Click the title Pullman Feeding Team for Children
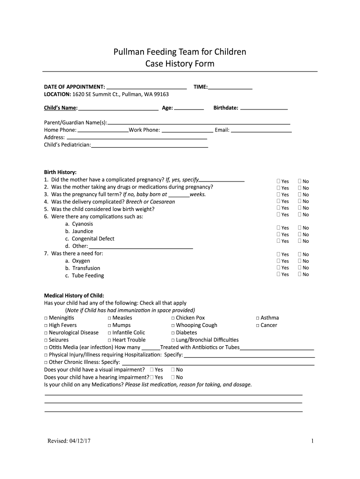[180, 52]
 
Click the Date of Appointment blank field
[146, 87]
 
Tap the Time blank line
[230, 87]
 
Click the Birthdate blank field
[264, 108]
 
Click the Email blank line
[261, 130]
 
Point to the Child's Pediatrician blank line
[150, 145]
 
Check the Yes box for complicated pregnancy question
[278, 181]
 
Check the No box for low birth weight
[300, 208]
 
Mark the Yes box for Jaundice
[278, 234]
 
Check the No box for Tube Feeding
[300, 274]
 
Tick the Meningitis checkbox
[46, 318]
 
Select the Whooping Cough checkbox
[173, 326]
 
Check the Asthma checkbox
[258, 318]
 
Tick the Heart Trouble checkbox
[109, 340]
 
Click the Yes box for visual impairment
[152, 370]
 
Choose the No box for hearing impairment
[173, 377]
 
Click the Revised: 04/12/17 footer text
[69, 441]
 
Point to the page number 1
[312, 441]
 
